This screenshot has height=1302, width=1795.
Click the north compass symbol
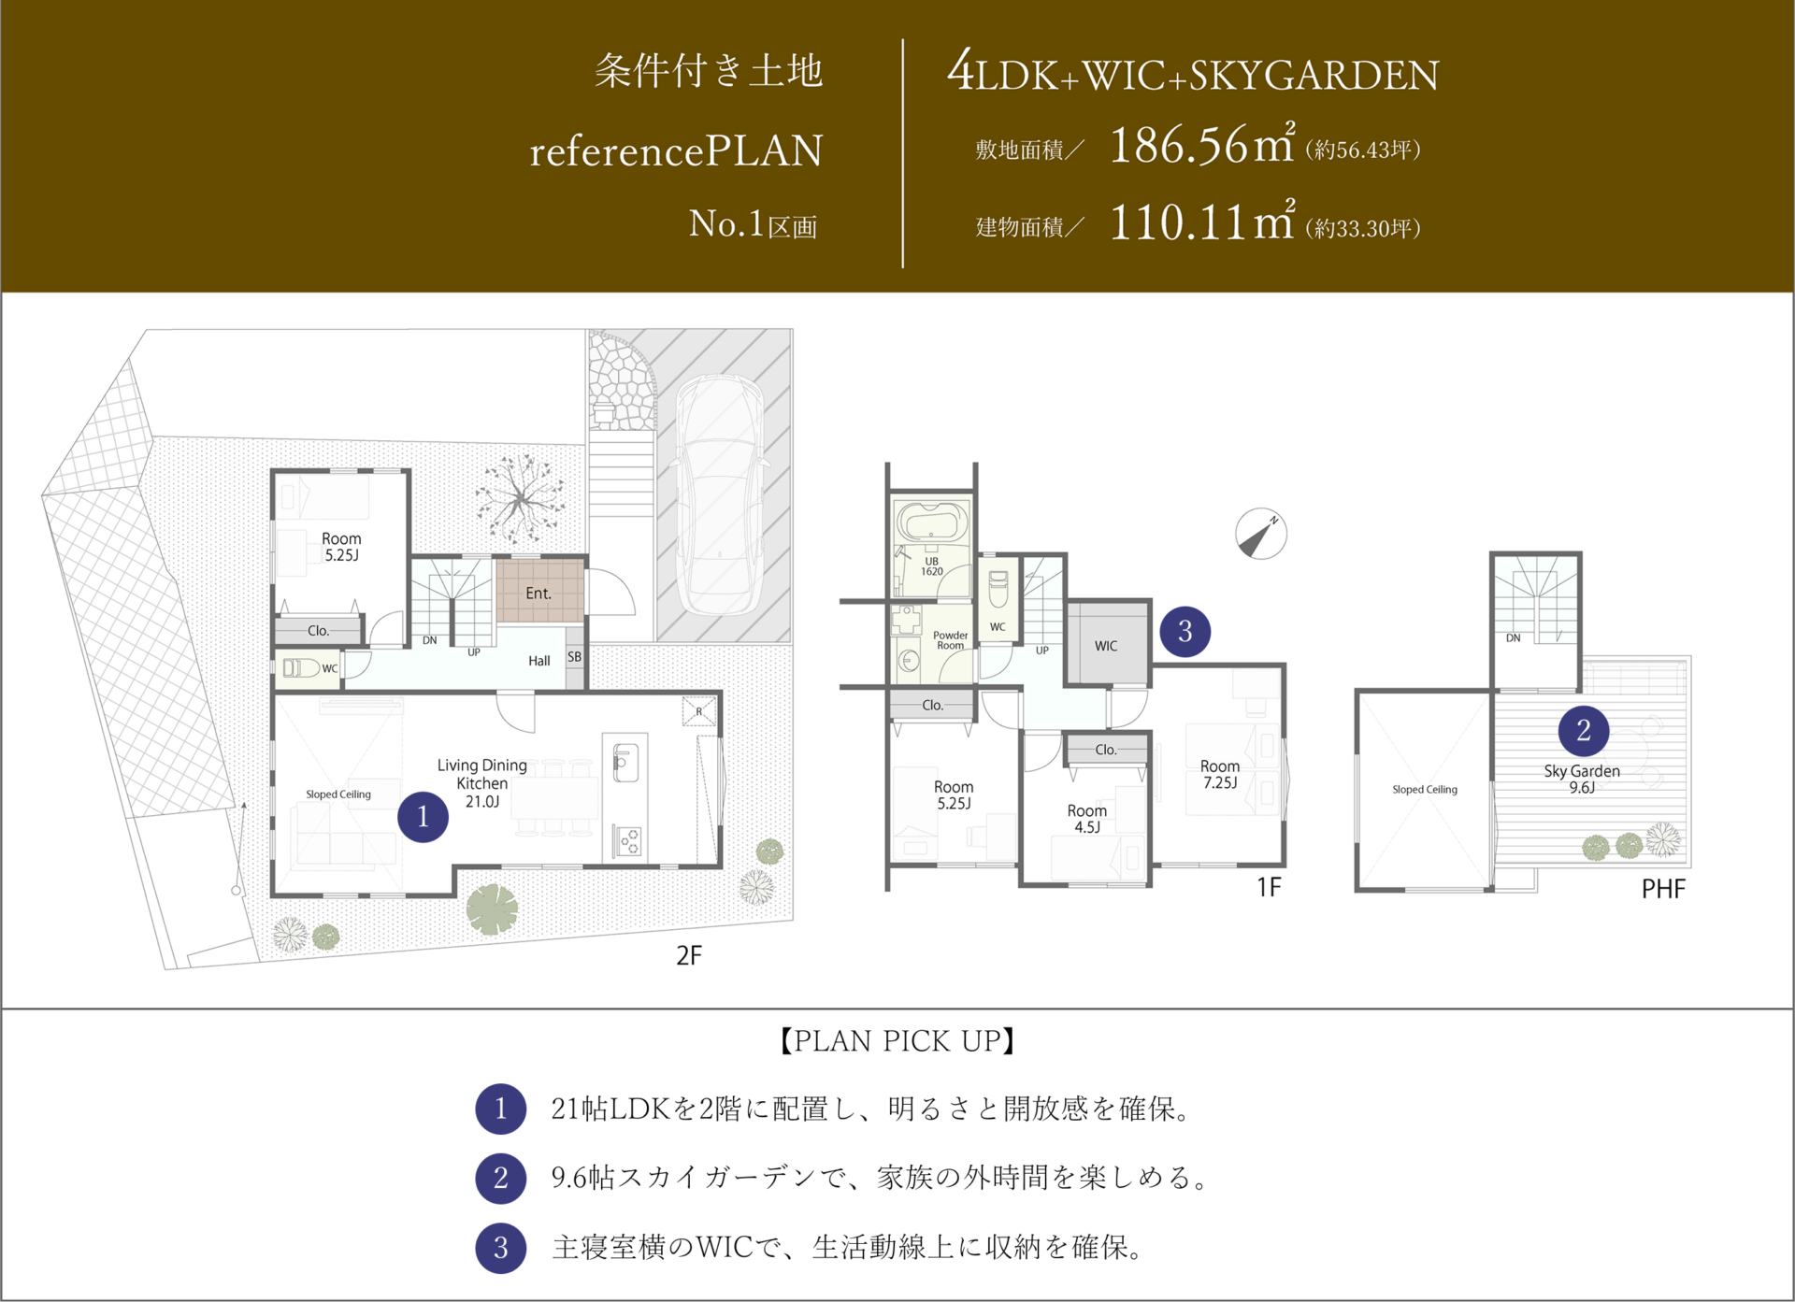1260,534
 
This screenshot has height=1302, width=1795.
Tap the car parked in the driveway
720,495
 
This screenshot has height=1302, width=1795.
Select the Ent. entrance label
538,594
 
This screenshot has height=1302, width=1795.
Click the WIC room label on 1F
1106,646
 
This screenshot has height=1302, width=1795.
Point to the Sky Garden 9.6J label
1582,779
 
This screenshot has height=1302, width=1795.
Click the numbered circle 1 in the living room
423,817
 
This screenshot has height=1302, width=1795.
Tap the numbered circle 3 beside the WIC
1185,632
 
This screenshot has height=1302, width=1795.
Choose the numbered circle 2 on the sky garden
1583,730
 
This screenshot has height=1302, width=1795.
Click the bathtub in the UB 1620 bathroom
931,522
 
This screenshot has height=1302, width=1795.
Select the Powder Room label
950,640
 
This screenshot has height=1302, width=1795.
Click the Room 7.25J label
1220,774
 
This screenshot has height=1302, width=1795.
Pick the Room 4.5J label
1086,819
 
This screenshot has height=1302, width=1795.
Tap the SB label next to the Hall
574,657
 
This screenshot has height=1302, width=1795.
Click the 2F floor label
689,955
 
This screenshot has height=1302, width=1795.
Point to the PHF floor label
1663,889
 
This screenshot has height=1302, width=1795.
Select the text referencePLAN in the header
676,151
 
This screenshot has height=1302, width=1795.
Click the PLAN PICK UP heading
897,1041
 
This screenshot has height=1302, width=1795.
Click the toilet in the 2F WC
301,668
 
